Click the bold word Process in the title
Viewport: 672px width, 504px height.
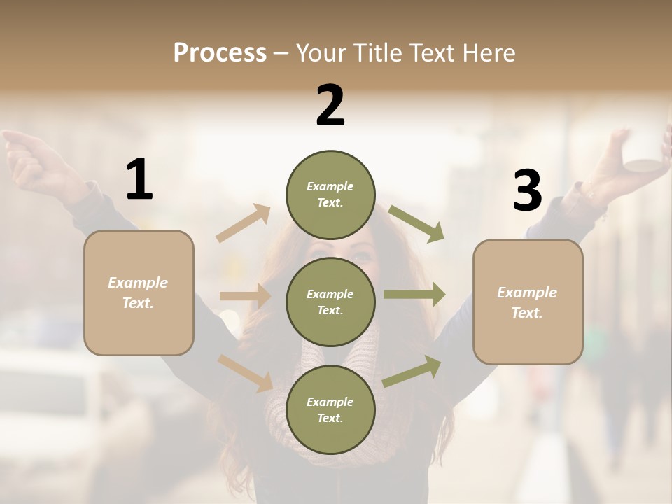pyautogui.click(x=220, y=52)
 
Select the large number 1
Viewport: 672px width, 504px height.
pyautogui.click(x=139, y=180)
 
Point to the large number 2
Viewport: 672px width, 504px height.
pyautogui.click(x=330, y=106)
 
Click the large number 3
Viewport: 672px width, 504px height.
pyautogui.click(x=527, y=190)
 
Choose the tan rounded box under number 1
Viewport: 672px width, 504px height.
pyautogui.click(x=139, y=293)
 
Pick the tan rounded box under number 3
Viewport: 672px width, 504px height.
pyautogui.click(x=528, y=302)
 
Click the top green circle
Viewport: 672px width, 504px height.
pyautogui.click(x=330, y=195)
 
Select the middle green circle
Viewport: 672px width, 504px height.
pyautogui.click(x=330, y=302)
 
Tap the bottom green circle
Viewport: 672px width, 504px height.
pyautogui.click(x=330, y=409)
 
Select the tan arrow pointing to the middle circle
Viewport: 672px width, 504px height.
pyautogui.click(x=245, y=296)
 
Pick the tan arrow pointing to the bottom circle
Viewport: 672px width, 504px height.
pyautogui.click(x=246, y=373)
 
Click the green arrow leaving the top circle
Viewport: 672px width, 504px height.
pyautogui.click(x=416, y=223)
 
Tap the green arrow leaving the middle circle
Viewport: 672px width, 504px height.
pyautogui.click(x=414, y=295)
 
